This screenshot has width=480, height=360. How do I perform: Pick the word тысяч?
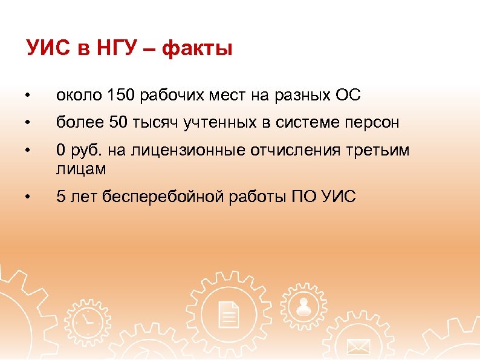point(155,123)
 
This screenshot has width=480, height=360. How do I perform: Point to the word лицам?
point(81,169)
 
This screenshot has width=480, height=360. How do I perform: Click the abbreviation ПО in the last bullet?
point(305,197)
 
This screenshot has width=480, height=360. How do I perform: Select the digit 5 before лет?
point(60,197)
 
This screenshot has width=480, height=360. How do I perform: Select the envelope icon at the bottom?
point(358,347)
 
